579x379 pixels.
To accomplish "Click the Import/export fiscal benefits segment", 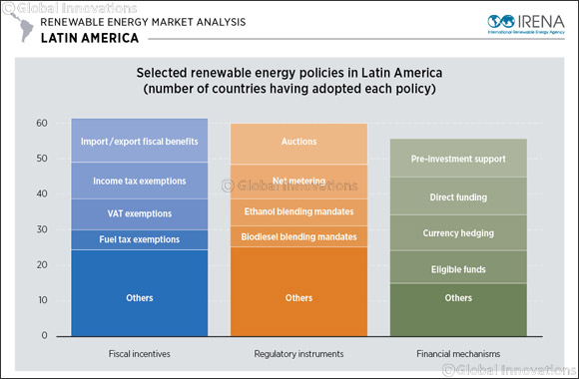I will click(125, 141).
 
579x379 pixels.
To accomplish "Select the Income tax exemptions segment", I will click(125, 181).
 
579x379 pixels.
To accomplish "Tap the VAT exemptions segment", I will click(125, 213).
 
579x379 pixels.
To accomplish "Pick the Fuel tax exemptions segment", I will click(125, 239).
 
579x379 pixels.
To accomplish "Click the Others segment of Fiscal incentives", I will click(125, 297).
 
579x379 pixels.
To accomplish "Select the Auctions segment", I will click(286, 143).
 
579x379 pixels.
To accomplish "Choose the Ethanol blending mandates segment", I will click(286, 211).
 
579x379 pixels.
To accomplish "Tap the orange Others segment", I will click(286, 297).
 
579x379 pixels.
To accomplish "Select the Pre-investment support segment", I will click(444, 159).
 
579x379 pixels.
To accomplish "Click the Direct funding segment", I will click(444, 197).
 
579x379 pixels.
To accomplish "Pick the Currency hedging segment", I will click(444, 232).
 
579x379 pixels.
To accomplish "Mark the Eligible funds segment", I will click(444, 268).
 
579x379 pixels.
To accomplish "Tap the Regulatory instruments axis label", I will click(286, 354).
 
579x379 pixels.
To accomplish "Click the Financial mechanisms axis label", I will click(444, 354).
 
